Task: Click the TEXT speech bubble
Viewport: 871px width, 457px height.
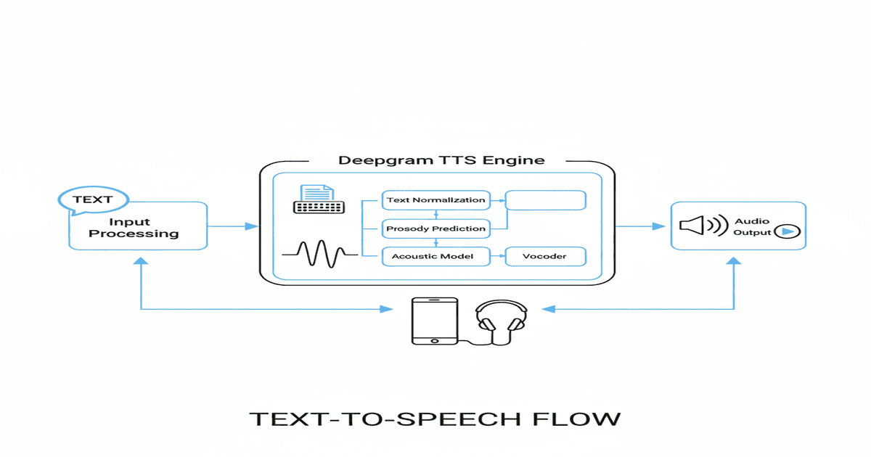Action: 93,199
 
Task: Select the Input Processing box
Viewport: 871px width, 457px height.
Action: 138,228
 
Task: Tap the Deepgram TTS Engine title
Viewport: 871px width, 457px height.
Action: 441,160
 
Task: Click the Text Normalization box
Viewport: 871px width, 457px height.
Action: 435,199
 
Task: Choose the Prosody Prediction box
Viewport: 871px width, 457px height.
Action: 435,228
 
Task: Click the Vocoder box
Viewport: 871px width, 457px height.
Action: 545,256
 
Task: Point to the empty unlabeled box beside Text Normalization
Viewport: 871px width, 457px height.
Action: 545,200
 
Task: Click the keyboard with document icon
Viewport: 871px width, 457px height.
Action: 314,199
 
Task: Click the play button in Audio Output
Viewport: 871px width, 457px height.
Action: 787,232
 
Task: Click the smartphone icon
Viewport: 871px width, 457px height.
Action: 435,320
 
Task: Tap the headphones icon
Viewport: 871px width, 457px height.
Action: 499,319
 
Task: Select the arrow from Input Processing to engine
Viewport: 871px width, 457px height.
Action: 233,226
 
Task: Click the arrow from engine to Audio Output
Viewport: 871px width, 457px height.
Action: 642,226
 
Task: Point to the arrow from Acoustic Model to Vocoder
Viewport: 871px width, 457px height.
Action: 496,256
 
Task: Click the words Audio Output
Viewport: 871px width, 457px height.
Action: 751,226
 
